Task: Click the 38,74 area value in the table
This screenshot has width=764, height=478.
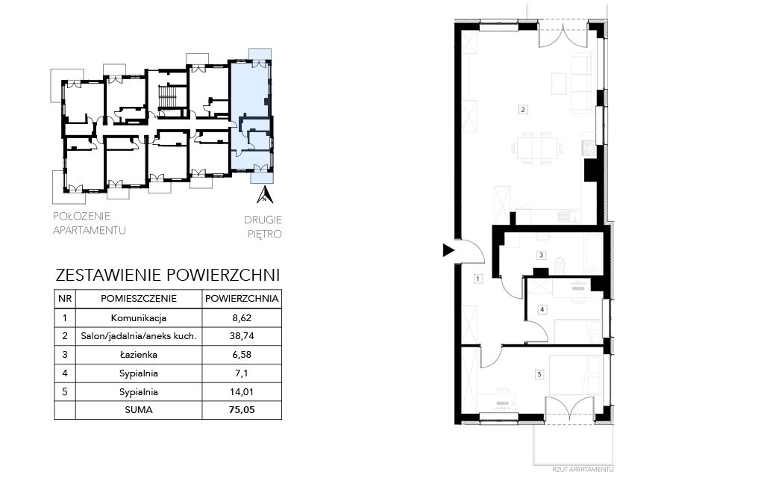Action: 242,336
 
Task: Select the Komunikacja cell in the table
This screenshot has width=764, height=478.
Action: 139,318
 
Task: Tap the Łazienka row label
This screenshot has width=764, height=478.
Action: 139,355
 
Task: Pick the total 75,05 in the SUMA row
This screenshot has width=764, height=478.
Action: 242,410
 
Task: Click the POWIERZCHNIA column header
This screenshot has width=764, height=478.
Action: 242,299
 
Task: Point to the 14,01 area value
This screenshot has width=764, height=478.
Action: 242,391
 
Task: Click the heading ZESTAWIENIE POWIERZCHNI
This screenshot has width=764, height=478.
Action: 168,275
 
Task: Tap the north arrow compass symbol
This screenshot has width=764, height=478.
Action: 265,194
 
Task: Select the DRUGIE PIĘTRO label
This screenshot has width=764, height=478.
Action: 263,227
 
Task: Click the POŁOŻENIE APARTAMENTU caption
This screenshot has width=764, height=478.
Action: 90,223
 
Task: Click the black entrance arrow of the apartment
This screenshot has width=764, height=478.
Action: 448,251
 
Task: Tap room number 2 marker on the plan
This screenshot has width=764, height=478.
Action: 523,110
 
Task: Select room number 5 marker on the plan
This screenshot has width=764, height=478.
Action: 539,375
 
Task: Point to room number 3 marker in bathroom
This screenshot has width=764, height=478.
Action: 541,255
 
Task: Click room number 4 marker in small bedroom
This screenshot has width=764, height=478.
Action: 542,309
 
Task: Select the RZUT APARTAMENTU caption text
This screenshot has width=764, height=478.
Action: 583,469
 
